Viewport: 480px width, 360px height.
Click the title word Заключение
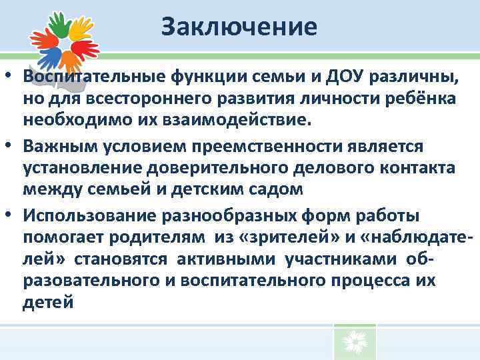point(239,27)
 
